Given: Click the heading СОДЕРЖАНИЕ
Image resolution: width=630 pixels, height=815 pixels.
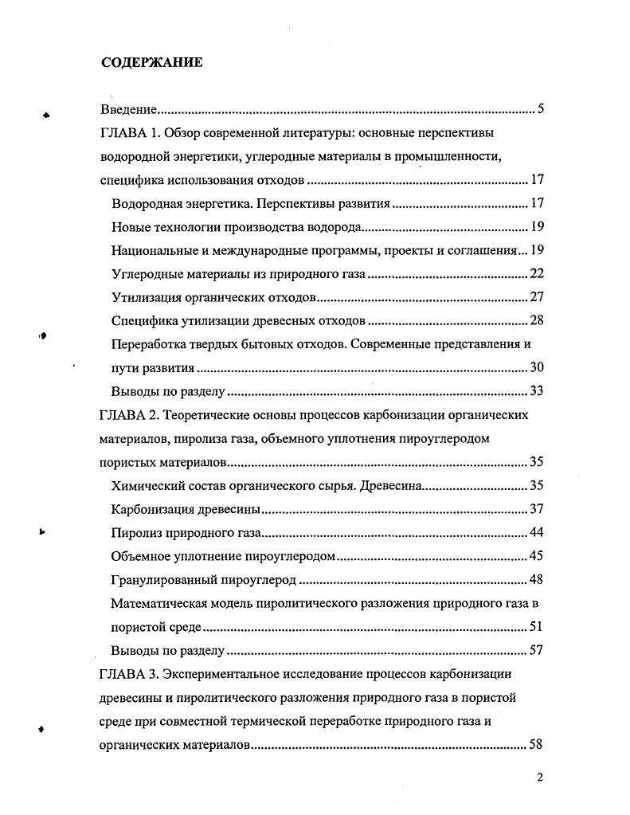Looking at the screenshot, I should pos(151,63).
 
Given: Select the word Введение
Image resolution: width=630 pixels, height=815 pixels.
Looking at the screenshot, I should pos(127,109).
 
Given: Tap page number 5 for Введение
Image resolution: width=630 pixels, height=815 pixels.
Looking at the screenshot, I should pos(540,109).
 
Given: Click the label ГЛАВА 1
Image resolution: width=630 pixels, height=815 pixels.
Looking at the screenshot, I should pos(127,132).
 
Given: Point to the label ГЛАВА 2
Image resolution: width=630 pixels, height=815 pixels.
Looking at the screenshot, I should pos(127,415).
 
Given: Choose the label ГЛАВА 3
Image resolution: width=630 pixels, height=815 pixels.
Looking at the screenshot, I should pos(127,674).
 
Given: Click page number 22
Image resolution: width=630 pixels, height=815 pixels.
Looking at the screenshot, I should pos(536,274).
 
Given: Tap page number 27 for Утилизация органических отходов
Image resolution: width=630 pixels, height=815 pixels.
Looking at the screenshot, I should pos(536,297).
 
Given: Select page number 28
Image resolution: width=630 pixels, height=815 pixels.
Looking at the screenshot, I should pos(536,321).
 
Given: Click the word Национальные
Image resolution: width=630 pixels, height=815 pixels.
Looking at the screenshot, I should pos(154,250).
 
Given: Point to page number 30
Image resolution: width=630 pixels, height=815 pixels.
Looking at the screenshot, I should pos(536,368).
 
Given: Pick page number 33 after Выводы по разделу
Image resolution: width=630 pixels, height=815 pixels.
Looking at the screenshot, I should pos(536,392).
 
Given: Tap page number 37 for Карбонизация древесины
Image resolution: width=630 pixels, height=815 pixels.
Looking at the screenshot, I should pos(536,509).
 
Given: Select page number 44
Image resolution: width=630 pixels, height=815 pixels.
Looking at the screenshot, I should pos(536,533).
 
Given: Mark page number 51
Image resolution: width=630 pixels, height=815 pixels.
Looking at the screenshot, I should pos(536,627).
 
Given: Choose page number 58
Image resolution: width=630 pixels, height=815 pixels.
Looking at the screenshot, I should pos(536,746).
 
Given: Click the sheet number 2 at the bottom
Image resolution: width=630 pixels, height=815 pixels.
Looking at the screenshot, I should pos(540,778).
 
